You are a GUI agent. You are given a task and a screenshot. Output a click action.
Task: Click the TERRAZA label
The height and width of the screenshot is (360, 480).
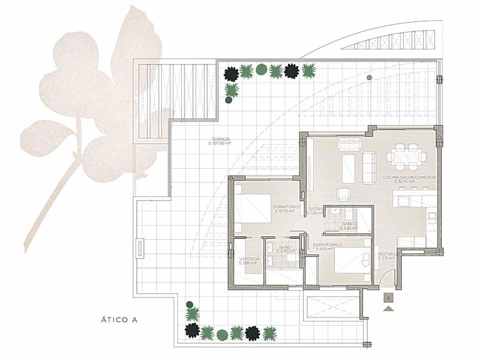(219, 139)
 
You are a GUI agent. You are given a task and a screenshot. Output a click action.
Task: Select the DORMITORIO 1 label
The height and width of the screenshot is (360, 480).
(287, 207)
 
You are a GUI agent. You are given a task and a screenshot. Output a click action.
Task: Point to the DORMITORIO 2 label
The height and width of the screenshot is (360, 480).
(327, 244)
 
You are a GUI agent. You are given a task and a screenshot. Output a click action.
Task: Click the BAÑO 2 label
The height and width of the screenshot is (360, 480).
(349, 224)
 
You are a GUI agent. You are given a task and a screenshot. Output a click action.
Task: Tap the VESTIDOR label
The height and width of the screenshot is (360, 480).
(249, 258)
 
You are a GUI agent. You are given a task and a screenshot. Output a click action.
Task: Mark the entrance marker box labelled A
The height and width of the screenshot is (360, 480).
(389, 299)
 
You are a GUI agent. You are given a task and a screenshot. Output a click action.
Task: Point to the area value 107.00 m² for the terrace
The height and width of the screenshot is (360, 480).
(219, 143)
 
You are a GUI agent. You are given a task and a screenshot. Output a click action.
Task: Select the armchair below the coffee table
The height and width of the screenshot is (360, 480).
(344, 194)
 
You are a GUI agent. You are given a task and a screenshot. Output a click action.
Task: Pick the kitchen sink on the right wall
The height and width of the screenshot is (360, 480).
(432, 215)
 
